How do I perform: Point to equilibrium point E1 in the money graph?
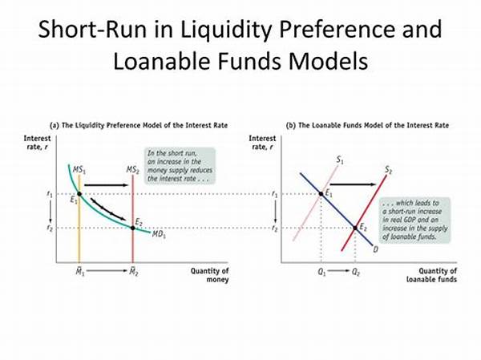pos(79,193)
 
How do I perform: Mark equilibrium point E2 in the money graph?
pos(132,228)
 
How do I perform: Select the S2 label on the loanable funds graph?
pos(388,170)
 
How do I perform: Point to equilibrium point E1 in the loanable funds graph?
pos(321,193)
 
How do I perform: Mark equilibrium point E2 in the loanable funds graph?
pos(356,228)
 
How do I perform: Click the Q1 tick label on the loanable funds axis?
pos(321,274)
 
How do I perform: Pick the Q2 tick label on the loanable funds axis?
pos(356,274)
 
